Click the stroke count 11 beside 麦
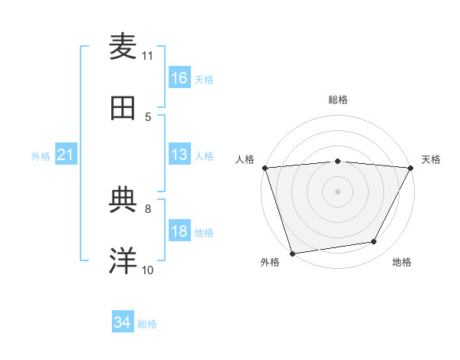[148, 55]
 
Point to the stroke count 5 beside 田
[148, 116]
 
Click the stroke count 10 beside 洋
[148, 270]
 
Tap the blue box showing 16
[179, 78]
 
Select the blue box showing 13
[179, 155]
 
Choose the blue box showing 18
[179, 232]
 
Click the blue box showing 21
[66, 155]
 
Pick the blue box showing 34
[123, 323]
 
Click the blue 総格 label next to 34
[147, 324]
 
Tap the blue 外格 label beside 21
[41, 156]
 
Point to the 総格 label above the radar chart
[337, 100]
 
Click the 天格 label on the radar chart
[431, 159]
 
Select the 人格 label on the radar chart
[245, 159]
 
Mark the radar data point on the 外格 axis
[292, 253]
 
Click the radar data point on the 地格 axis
[374, 242]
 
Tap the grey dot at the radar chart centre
[337, 191]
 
